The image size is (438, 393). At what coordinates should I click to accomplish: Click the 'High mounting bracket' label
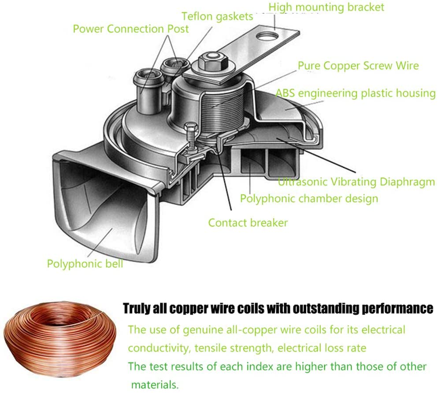326,7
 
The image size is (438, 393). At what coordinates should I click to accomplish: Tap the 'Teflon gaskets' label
218,17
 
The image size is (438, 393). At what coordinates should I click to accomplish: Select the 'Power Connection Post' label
131,29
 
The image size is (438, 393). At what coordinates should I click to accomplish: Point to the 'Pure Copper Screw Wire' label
358,66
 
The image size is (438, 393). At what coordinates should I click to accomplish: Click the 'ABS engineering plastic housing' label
356,93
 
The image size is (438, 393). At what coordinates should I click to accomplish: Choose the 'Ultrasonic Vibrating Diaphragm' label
356,182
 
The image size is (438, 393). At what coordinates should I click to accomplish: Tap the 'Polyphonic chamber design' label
309,198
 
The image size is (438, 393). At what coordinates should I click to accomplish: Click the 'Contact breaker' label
248,222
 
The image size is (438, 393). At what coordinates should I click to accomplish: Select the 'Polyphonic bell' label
85,264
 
